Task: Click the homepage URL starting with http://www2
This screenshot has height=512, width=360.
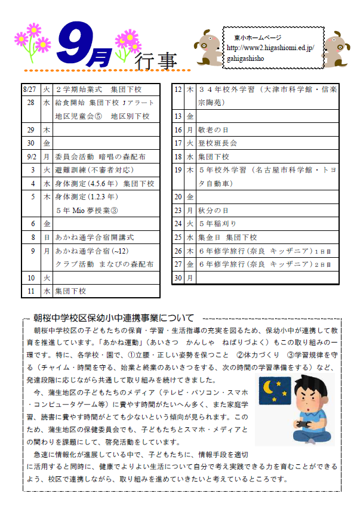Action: tap(275, 47)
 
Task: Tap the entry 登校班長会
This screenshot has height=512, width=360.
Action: tap(217, 143)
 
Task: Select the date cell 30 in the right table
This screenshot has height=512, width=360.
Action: tap(177, 277)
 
